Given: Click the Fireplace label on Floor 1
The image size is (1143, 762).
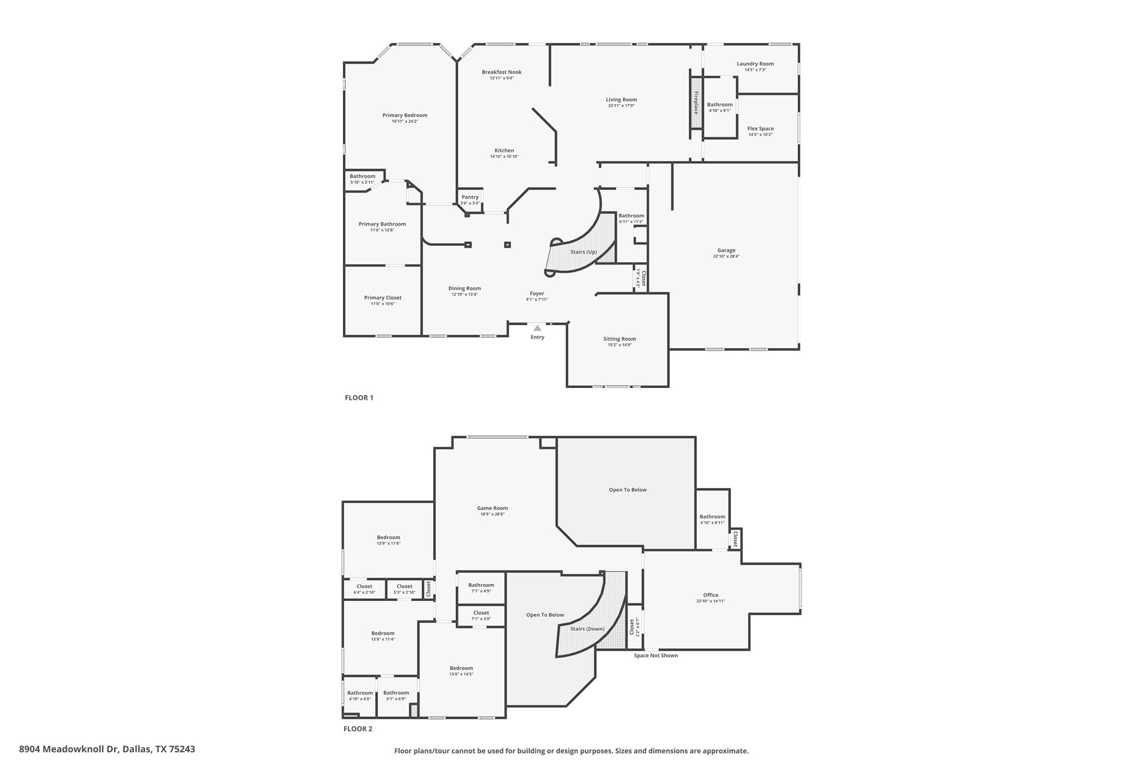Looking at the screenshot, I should point(696,103).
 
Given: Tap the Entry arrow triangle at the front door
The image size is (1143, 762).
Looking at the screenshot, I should point(537,328).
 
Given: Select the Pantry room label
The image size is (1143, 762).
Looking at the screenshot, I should point(470,197).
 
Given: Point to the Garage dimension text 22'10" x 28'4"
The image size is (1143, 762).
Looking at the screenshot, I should point(726,257).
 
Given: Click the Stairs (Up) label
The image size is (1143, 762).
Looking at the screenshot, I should point(584,252).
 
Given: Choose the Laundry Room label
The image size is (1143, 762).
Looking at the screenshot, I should point(755,64).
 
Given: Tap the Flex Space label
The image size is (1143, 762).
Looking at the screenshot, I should point(760,128).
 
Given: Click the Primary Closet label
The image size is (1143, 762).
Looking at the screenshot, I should point(383,298).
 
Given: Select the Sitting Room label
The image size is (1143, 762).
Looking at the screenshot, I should point(619,339).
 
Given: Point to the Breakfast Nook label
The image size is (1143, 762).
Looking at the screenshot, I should point(502,72).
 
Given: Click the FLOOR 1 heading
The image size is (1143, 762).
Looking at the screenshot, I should point(359,398).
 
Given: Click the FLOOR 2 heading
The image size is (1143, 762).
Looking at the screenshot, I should point(358,729).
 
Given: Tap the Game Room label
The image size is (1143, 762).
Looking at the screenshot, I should point(493,508).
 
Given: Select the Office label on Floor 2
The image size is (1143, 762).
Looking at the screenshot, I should point(710,595).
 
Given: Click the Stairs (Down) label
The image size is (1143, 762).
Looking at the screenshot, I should point(587,629).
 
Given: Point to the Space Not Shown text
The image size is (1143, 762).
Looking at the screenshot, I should point(656,656).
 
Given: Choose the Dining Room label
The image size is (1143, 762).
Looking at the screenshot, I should point(464,288).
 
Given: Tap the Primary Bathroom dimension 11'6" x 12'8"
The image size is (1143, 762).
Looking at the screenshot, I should point(382,230).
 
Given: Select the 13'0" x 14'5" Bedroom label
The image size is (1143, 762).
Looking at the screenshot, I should point(461,668).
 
